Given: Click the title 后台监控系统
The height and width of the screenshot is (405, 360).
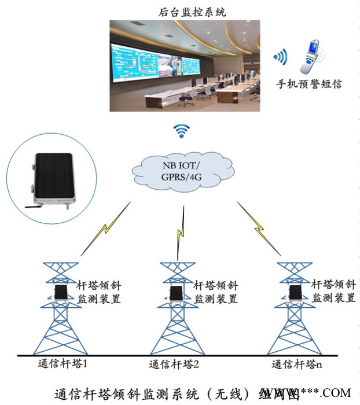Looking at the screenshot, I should (x=183, y=10).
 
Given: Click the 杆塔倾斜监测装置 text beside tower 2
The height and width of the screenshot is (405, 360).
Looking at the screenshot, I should (x=215, y=292).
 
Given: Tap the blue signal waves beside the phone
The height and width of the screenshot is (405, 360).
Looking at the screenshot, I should (x=281, y=57).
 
